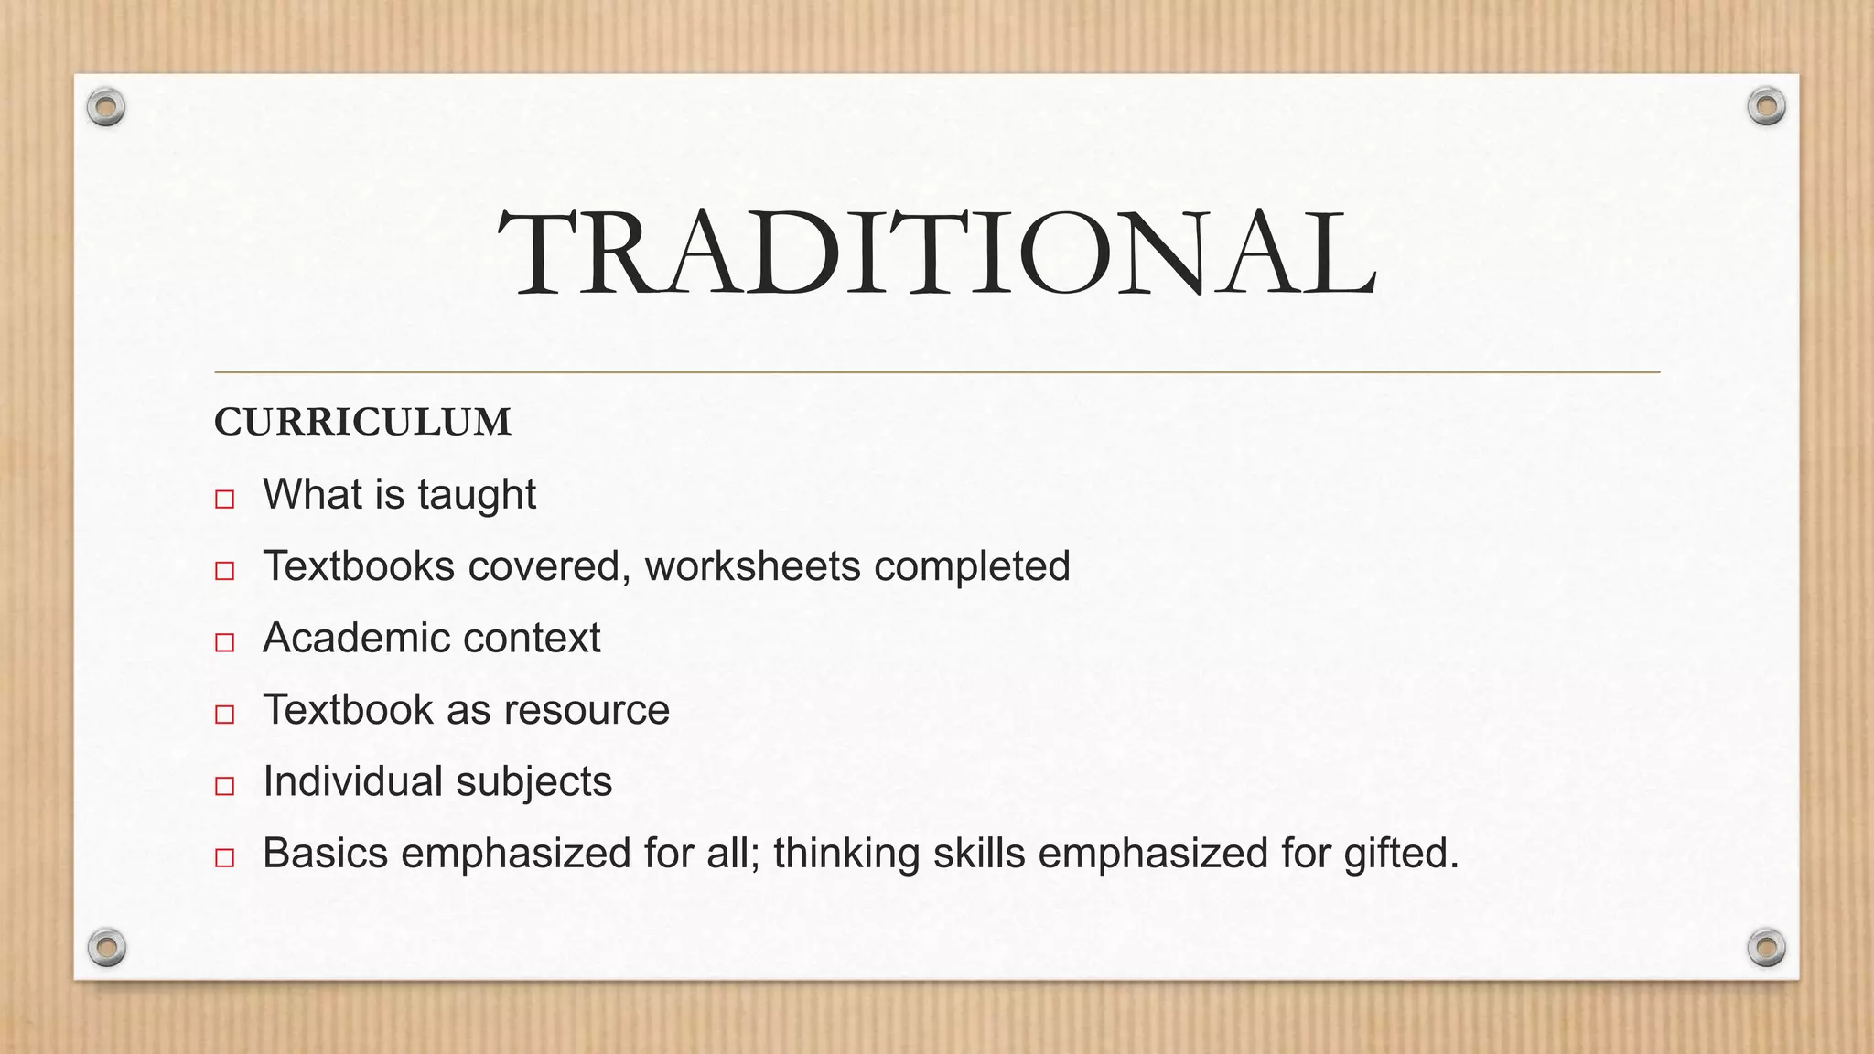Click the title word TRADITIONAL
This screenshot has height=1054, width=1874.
[x=936, y=253]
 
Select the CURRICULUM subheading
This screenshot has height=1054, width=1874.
[x=362, y=423]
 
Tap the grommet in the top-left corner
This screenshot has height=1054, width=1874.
[x=106, y=108]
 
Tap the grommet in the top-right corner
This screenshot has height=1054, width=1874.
[x=1766, y=107]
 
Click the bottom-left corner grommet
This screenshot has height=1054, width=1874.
[x=106, y=947]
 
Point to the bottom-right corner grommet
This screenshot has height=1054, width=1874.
[x=1766, y=947]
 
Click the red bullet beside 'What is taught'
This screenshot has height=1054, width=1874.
[x=225, y=500]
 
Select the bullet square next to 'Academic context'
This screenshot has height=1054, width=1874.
[x=225, y=642]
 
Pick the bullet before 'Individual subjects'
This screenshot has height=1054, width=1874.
[x=225, y=786]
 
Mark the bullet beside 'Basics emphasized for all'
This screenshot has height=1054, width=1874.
[x=225, y=857]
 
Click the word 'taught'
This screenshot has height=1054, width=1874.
[x=477, y=496]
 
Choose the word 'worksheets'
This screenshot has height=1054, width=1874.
[x=752, y=566]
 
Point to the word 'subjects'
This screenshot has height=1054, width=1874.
[x=533, y=782]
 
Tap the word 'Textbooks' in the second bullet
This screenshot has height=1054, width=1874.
[x=359, y=566]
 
